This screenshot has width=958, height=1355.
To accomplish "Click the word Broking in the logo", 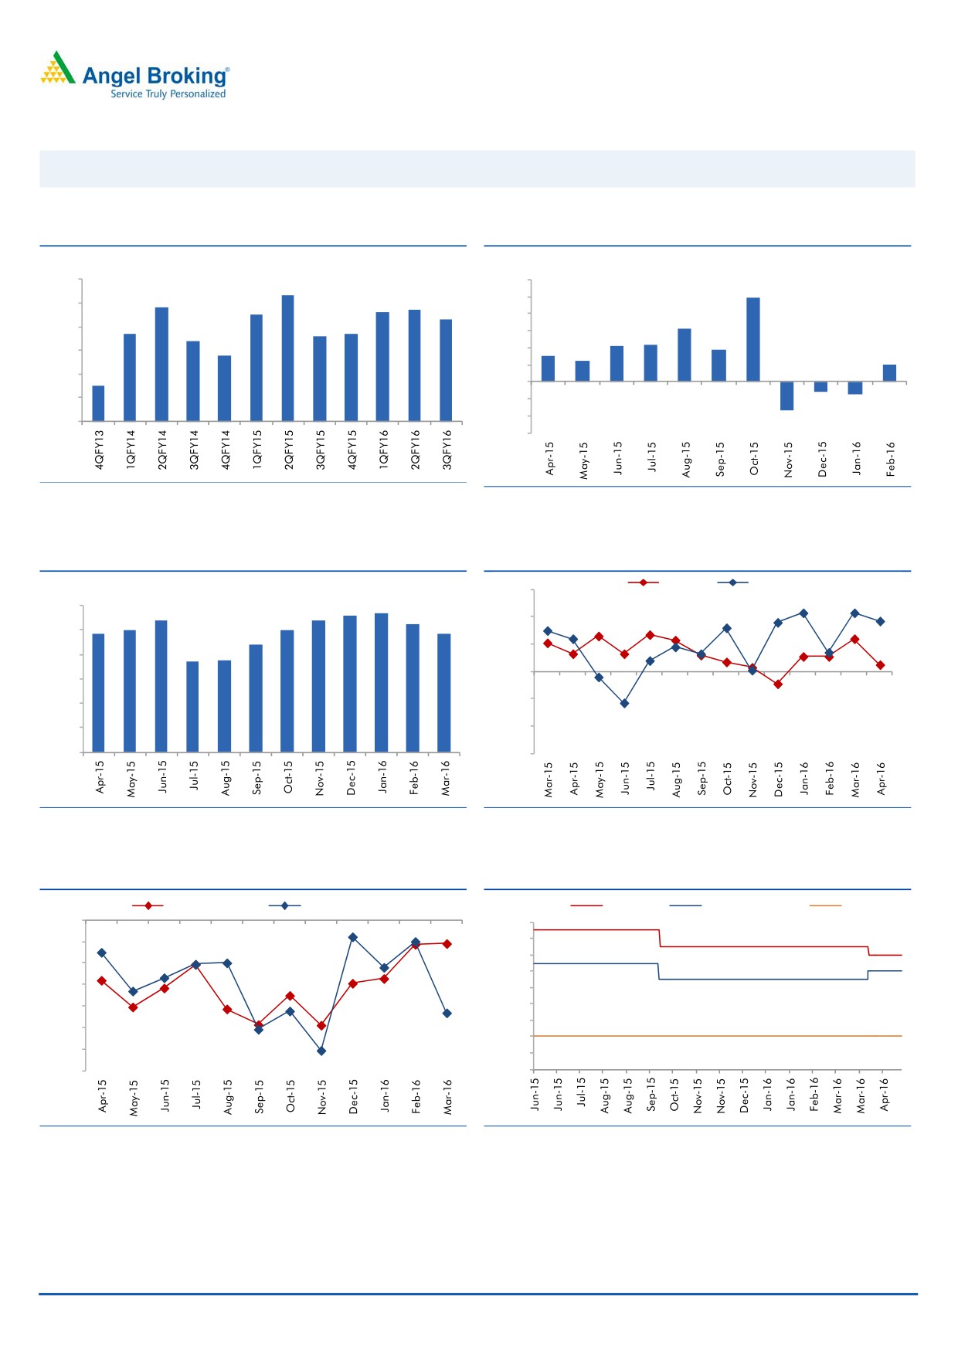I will tap(187, 76).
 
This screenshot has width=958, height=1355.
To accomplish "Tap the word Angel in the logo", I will tap(112, 76).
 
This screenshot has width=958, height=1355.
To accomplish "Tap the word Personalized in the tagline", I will tap(198, 94).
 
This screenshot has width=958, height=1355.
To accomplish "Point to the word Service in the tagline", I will tap(127, 94).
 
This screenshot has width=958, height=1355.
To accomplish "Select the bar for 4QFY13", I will tap(98, 403).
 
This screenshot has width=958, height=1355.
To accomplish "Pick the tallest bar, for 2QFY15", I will tap(287, 358).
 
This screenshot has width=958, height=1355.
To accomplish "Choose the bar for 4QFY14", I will tap(224, 388).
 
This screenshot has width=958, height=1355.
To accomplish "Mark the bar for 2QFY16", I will tap(414, 365).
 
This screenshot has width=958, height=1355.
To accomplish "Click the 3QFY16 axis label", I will tap(447, 450).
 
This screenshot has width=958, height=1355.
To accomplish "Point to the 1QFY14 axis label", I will tap(131, 450).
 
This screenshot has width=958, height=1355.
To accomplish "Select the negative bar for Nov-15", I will tap(786, 396).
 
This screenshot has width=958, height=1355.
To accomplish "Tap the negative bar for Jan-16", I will tap(854, 388).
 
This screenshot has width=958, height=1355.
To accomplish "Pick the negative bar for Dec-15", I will tap(820, 386).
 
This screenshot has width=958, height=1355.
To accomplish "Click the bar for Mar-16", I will tap(444, 692).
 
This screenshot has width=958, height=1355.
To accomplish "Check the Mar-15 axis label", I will tap(549, 779).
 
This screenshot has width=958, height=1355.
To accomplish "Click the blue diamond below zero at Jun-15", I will tap(624, 703).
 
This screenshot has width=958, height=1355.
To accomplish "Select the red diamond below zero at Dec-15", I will tap(778, 684).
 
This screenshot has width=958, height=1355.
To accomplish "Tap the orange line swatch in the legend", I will tap(825, 905).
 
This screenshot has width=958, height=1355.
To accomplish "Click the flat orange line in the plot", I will tap(717, 1036).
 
